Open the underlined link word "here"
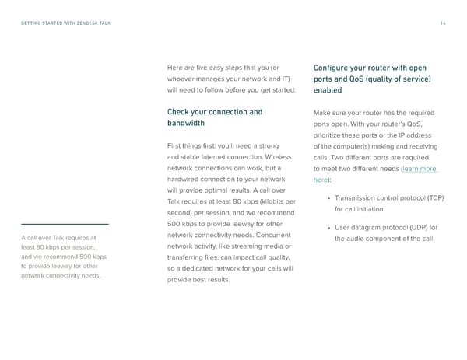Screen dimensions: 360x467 coord(320,180)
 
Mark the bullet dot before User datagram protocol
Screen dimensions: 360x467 coord(329,228)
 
